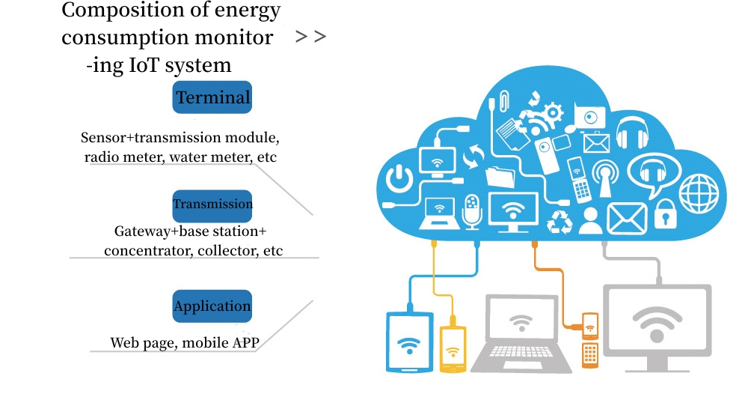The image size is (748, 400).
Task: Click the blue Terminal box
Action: [212, 97]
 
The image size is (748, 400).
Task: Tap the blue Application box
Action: [212, 306]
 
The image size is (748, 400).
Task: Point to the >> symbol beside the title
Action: [310, 37]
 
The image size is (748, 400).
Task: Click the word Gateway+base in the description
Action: [158, 231]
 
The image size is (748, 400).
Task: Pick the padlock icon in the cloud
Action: [663, 216]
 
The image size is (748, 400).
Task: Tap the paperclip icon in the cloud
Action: [506, 100]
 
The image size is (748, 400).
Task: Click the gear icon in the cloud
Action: [553, 112]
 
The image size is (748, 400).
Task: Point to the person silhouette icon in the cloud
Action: [590, 220]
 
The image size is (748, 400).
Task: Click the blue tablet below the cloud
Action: [409, 342]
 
